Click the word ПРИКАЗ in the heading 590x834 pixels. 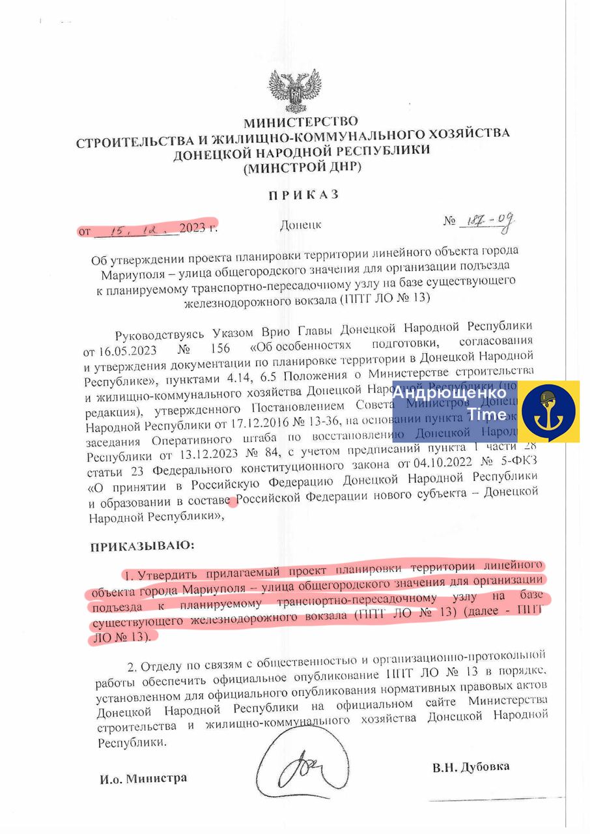point(303,194)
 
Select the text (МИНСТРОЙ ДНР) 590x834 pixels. point(300,167)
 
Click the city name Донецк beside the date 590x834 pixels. point(300,225)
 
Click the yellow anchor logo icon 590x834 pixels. point(548,412)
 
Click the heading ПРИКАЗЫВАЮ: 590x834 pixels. point(133,544)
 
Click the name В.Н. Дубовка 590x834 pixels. point(470,767)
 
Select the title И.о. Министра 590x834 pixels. point(143,778)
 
